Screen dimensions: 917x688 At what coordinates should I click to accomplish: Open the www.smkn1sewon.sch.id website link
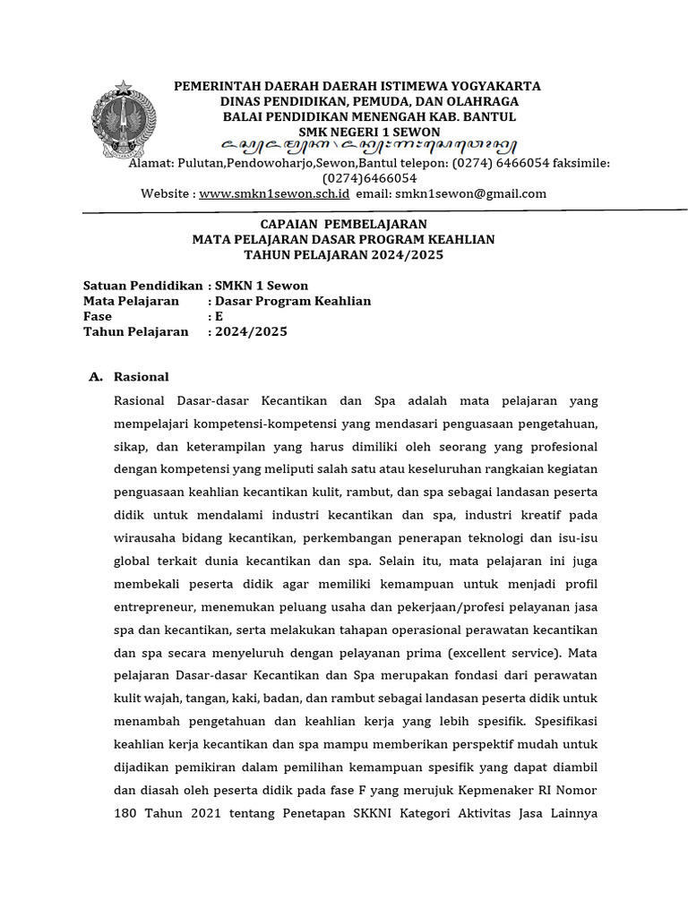pyautogui.click(x=273, y=193)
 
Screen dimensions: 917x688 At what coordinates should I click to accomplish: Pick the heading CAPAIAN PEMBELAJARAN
pyautogui.click(x=343, y=224)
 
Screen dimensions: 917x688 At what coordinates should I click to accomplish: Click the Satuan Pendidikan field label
pyautogui.click(x=142, y=286)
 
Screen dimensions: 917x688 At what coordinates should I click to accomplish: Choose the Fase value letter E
pyautogui.click(x=218, y=316)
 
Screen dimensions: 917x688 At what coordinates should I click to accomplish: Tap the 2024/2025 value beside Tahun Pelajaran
pyautogui.click(x=251, y=331)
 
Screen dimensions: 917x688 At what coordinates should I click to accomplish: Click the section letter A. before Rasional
pyautogui.click(x=96, y=377)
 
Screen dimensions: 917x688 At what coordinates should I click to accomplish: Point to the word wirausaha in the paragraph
pyautogui.click(x=145, y=537)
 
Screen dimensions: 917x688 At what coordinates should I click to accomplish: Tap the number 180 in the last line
pyautogui.click(x=126, y=814)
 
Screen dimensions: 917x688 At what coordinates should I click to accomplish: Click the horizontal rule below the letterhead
pyautogui.click(x=384, y=211)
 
